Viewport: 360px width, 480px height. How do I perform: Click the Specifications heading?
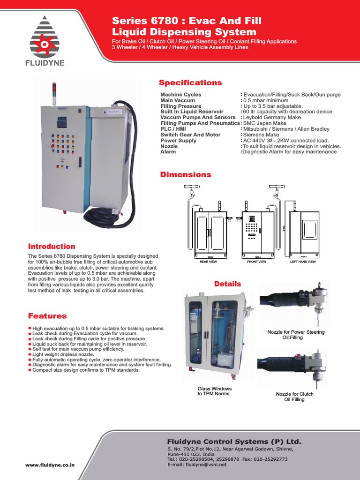pos(190,83)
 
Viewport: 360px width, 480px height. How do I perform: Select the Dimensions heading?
pos(186,175)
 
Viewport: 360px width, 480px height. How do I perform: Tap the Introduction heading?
pos(52,247)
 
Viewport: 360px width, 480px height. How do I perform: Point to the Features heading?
pos(47,316)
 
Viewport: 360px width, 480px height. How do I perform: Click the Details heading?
pos(227,284)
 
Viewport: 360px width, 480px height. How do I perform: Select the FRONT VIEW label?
pos(256,262)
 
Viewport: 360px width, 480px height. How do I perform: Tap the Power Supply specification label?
pos(178,141)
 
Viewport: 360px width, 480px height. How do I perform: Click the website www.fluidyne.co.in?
pos(50,465)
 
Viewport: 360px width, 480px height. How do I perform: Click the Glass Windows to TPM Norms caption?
pos(214,391)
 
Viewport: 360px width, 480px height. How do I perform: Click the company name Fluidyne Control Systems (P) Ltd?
pos(234,442)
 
